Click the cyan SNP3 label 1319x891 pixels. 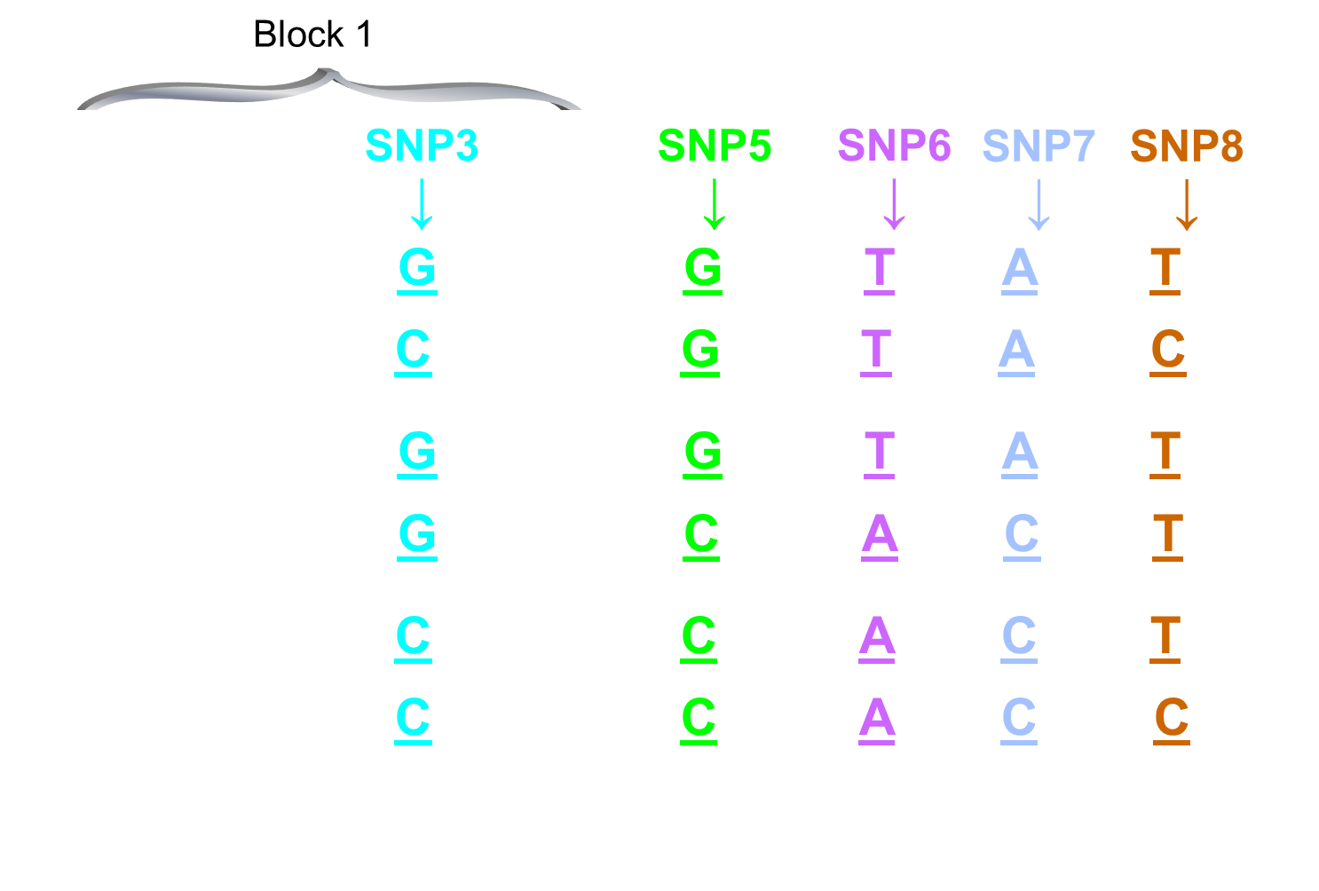(x=422, y=146)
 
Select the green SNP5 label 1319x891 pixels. (x=715, y=146)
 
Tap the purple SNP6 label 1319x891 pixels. (x=894, y=146)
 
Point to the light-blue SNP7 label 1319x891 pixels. (x=1039, y=146)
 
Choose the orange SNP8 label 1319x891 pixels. (x=1186, y=146)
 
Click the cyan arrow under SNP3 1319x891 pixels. (x=422, y=204)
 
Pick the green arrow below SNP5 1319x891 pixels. (x=715, y=204)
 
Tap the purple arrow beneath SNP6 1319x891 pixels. (x=894, y=204)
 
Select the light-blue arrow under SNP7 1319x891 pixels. (x=1039, y=204)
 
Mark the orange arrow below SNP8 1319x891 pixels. (x=1187, y=204)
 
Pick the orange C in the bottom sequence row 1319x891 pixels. (x=1172, y=718)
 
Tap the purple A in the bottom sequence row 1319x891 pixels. (x=877, y=718)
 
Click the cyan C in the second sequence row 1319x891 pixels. (x=414, y=350)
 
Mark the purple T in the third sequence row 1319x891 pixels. (x=879, y=452)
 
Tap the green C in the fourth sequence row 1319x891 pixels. (x=701, y=534)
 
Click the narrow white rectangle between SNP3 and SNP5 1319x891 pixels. (x=574, y=462)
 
